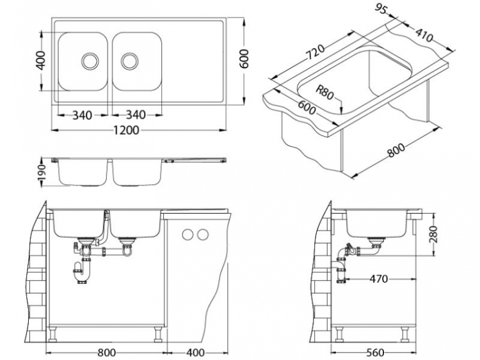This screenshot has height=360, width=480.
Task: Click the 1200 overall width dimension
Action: pyautogui.click(x=128, y=130)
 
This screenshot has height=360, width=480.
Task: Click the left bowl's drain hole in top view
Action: pyautogui.click(x=90, y=61)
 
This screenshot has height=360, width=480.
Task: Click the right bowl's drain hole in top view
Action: pyautogui.click(x=130, y=61)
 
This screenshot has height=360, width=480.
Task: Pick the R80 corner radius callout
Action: pyautogui.click(x=326, y=94)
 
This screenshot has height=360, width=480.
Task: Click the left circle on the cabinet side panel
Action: pyautogui.click(x=188, y=234)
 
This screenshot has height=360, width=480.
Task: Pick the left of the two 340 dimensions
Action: pyautogui.click(x=82, y=115)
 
